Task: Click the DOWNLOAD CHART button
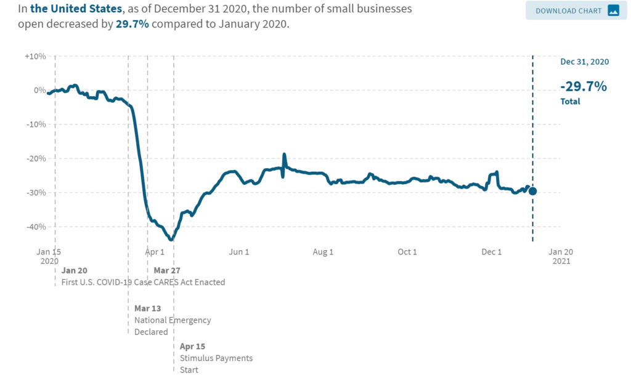tap(571, 10)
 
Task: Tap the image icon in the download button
tap(613, 10)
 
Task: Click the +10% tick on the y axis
tap(35, 56)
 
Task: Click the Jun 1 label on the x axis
tap(238, 252)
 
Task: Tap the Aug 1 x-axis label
tap(323, 252)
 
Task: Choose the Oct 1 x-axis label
tap(407, 252)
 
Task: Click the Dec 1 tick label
tap(491, 252)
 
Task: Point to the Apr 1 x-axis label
tap(155, 252)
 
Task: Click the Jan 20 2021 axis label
tap(561, 256)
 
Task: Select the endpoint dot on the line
tap(532, 191)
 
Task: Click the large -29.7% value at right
tap(583, 86)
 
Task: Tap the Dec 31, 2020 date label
tap(584, 62)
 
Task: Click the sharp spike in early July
tap(284, 155)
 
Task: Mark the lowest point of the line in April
tap(171, 240)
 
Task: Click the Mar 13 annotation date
tap(147, 308)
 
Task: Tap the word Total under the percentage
tap(570, 102)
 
